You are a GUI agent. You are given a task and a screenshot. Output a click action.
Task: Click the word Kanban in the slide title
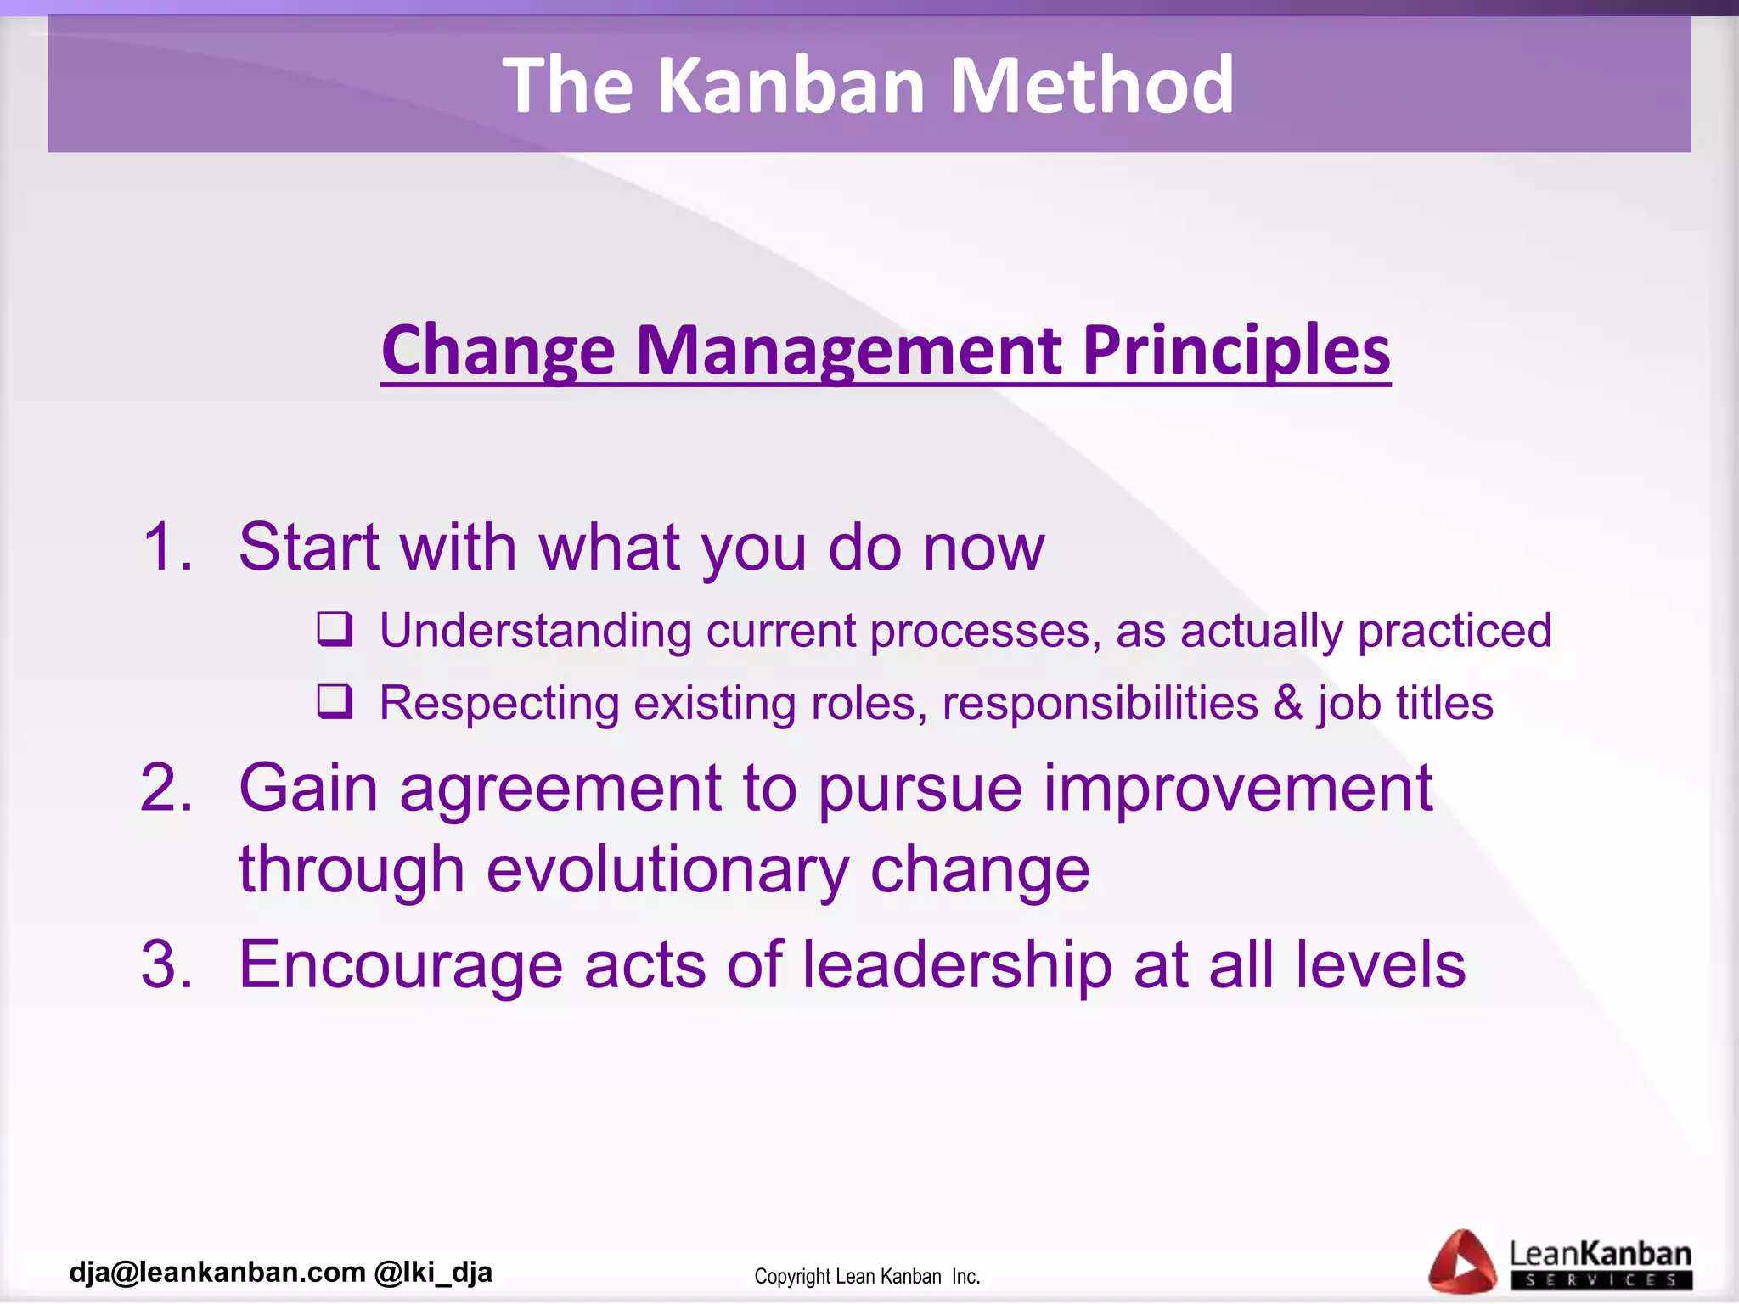click(x=791, y=85)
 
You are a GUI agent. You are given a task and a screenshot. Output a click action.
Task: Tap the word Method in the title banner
click(x=1091, y=85)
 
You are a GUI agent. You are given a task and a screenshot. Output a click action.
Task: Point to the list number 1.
click(x=166, y=547)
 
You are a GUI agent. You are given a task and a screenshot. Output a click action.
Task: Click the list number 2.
click(x=166, y=788)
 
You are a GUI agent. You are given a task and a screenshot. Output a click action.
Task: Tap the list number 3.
click(x=166, y=964)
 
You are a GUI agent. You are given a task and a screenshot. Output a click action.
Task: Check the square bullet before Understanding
click(x=335, y=629)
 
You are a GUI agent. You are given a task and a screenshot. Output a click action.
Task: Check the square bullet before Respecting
click(x=335, y=701)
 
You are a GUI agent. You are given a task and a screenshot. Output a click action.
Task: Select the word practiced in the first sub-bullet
click(x=1454, y=631)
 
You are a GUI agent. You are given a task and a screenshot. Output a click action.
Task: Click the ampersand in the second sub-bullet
click(x=1287, y=703)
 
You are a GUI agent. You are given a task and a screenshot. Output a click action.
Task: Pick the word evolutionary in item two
click(x=667, y=869)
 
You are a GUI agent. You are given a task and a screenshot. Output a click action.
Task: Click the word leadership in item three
click(x=957, y=964)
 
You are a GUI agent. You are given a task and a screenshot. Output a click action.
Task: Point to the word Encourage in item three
click(x=401, y=966)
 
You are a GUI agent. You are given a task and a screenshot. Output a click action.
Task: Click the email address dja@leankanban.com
click(x=217, y=1272)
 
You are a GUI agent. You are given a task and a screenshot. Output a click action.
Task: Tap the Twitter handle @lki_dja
click(x=433, y=1272)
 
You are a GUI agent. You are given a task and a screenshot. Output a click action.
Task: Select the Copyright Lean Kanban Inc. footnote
click(x=867, y=1276)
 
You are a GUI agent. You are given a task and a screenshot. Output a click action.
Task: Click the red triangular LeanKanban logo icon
click(x=1461, y=1262)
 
